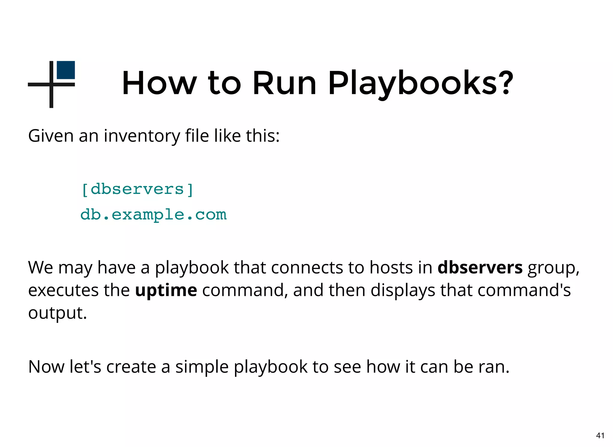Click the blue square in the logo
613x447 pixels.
[x=66, y=70]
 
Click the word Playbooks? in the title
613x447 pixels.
[x=421, y=83]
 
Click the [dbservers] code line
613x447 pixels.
[x=137, y=189]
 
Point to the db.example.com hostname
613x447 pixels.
[x=154, y=215]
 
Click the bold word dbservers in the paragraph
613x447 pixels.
[x=480, y=267]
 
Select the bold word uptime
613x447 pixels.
[x=166, y=290]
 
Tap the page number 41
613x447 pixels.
[x=600, y=435]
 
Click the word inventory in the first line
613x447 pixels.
[x=142, y=136]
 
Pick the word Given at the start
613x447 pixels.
[x=51, y=136]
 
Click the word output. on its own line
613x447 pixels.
[x=57, y=313]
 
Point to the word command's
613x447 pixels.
[x=524, y=290]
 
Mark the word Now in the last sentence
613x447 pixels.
[x=46, y=367]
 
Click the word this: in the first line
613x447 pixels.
[x=263, y=136]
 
